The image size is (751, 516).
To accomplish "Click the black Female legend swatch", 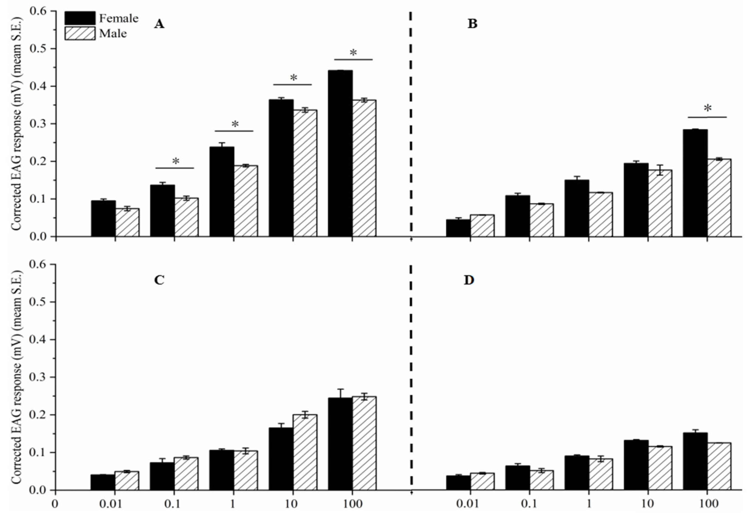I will click(x=80, y=18).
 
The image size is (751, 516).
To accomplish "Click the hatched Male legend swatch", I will click(x=80, y=33).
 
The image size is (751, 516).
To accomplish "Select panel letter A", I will click(x=159, y=24).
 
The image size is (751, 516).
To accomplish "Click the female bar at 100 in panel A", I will click(x=340, y=153).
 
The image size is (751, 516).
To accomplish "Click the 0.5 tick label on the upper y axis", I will click(x=38, y=49).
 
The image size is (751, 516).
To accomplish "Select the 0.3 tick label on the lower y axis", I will click(x=38, y=377).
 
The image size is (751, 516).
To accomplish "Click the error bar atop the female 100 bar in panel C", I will click(x=340, y=393).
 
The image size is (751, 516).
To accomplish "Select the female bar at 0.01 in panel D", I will click(x=458, y=482).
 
